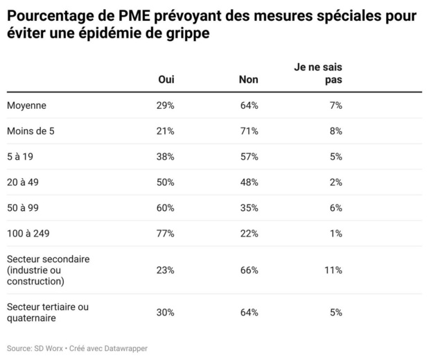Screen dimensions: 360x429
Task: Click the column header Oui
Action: pyautogui.click(x=166, y=80)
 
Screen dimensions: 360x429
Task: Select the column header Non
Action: pyautogui.click(x=248, y=80)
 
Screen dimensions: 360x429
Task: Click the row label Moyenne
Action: pyautogui.click(x=26, y=105)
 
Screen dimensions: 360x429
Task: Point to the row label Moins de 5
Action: pyautogui.click(x=31, y=131)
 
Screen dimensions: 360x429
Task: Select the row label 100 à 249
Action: pyautogui.click(x=29, y=234)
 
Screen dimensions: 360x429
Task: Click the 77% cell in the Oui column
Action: pyautogui.click(x=166, y=234)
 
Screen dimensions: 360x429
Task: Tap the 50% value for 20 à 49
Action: pyautogui.click(x=166, y=182)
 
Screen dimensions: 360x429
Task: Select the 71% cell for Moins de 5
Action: pyautogui.click(x=249, y=131)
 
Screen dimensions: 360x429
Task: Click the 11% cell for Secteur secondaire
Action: pyautogui.click(x=333, y=270)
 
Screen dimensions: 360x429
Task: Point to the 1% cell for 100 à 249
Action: pyautogui.click(x=335, y=234)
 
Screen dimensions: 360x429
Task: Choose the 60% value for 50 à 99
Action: pyautogui.click(x=166, y=208)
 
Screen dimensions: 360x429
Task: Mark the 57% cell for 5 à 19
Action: pyautogui.click(x=249, y=157)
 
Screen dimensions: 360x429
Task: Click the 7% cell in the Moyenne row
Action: pyautogui.click(x=335, y=105)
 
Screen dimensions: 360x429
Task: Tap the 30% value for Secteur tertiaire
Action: pyautogui.click(x=166, y=312)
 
